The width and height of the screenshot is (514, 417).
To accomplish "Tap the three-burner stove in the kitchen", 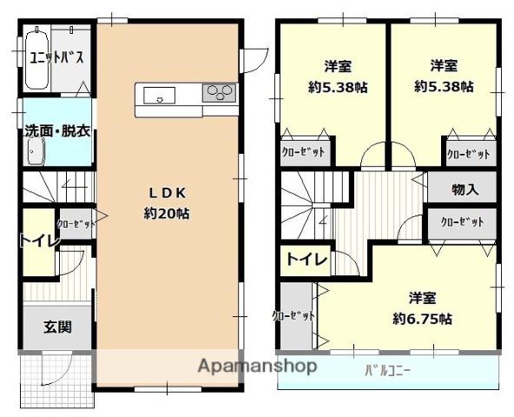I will pos(219,91).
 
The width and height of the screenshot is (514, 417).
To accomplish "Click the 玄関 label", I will pos(57,328).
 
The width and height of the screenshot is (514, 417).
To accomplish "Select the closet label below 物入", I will pos(461,222).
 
